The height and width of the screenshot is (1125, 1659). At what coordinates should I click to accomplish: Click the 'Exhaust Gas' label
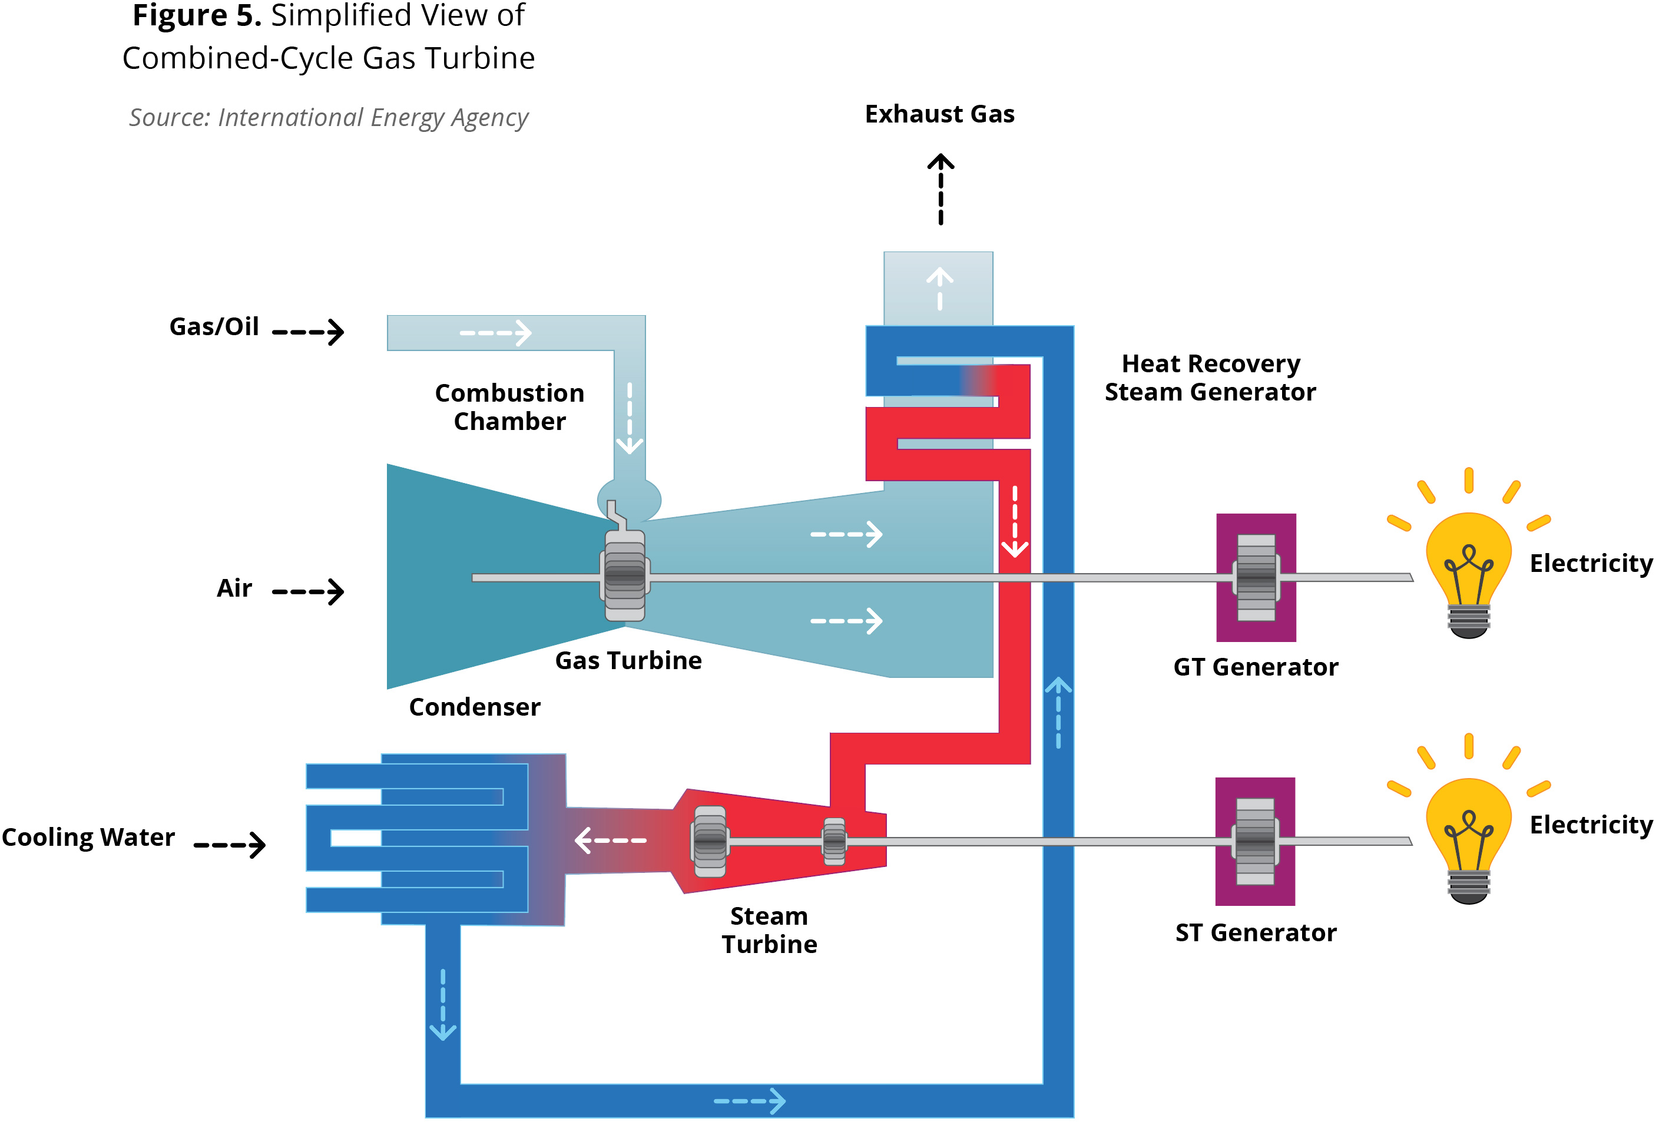click(x=939, y=114)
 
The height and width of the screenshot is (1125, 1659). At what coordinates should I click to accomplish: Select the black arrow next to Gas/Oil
click(x=309, y=332)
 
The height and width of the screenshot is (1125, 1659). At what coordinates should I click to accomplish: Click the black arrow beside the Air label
click(x=309, y=591)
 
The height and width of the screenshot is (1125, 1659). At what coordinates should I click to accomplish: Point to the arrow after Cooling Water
click(x=230, y=845)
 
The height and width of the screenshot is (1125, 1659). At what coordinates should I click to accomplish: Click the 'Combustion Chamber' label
click(x=509, y=407)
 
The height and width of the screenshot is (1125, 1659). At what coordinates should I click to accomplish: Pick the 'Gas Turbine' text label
click(x=628, y=660)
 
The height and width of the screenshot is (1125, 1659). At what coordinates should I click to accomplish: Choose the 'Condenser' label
click(x=475, y=707)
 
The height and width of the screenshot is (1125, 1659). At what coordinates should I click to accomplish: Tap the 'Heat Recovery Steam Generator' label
click(x=1210, y=378)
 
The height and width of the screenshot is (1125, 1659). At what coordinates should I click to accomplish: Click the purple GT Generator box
click(x=1256, y=577)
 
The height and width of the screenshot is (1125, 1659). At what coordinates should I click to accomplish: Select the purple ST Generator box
click(x=1255, y=841)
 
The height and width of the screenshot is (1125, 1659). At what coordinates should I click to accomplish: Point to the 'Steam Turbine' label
click(x=769, y=930)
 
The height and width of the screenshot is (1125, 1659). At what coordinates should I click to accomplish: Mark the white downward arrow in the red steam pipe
click(x=1014, y=521)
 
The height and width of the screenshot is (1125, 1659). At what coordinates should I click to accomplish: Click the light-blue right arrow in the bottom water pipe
click(x=750, y=1101)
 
